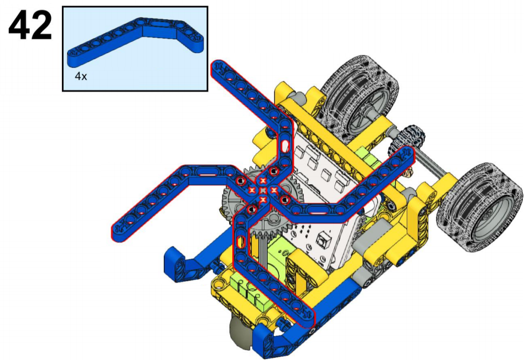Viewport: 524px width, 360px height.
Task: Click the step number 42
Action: pos(30,25)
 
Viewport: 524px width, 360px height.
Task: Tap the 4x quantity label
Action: pos(81,76)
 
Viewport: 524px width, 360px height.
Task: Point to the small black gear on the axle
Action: pos(407,139)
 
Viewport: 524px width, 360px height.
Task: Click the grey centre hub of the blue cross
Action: pos(263,190)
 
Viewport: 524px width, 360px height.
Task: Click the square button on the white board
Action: pos(323,239)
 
